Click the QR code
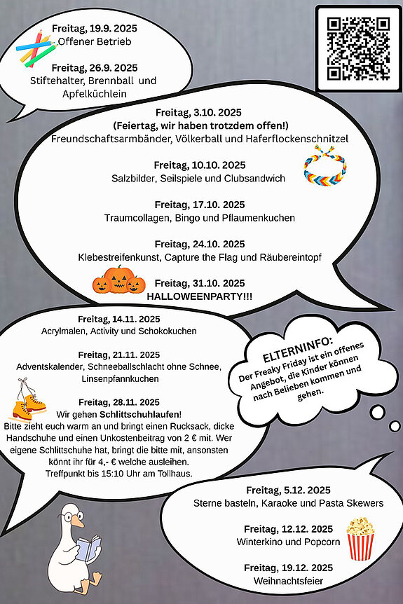pyautogui.click(x=359, y=48)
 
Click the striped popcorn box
pyautogui.click(x=360, y=538)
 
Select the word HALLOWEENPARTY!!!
pyautogui.click(x=200, y=296)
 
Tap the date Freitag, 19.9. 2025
pyautogui.click(x=94, y=29)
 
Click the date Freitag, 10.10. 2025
pyautogui.click(x=200, y=165)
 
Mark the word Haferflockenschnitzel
pyautogui.click(x=287, y=139)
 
